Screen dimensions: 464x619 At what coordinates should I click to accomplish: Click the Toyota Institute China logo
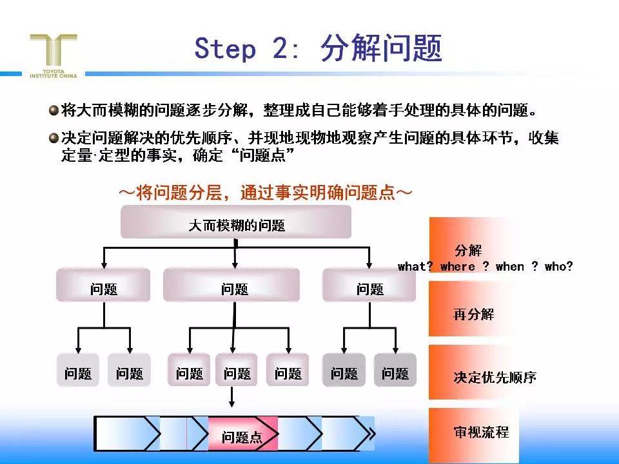(54, 55)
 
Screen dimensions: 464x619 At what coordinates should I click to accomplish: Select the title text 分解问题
(380, 48)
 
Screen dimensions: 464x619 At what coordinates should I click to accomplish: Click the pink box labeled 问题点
(242, 437)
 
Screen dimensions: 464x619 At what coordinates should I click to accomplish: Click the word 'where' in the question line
(457, 266)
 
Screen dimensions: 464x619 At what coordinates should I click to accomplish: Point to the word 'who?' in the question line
(558, 266)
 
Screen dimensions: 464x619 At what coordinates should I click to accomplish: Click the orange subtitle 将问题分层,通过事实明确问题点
(264, 193)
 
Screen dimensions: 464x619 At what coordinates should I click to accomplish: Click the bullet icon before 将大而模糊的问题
(54, 110)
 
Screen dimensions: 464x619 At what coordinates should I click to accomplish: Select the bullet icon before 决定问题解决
(54, 137)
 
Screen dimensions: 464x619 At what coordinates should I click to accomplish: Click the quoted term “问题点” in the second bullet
(266, 155)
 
